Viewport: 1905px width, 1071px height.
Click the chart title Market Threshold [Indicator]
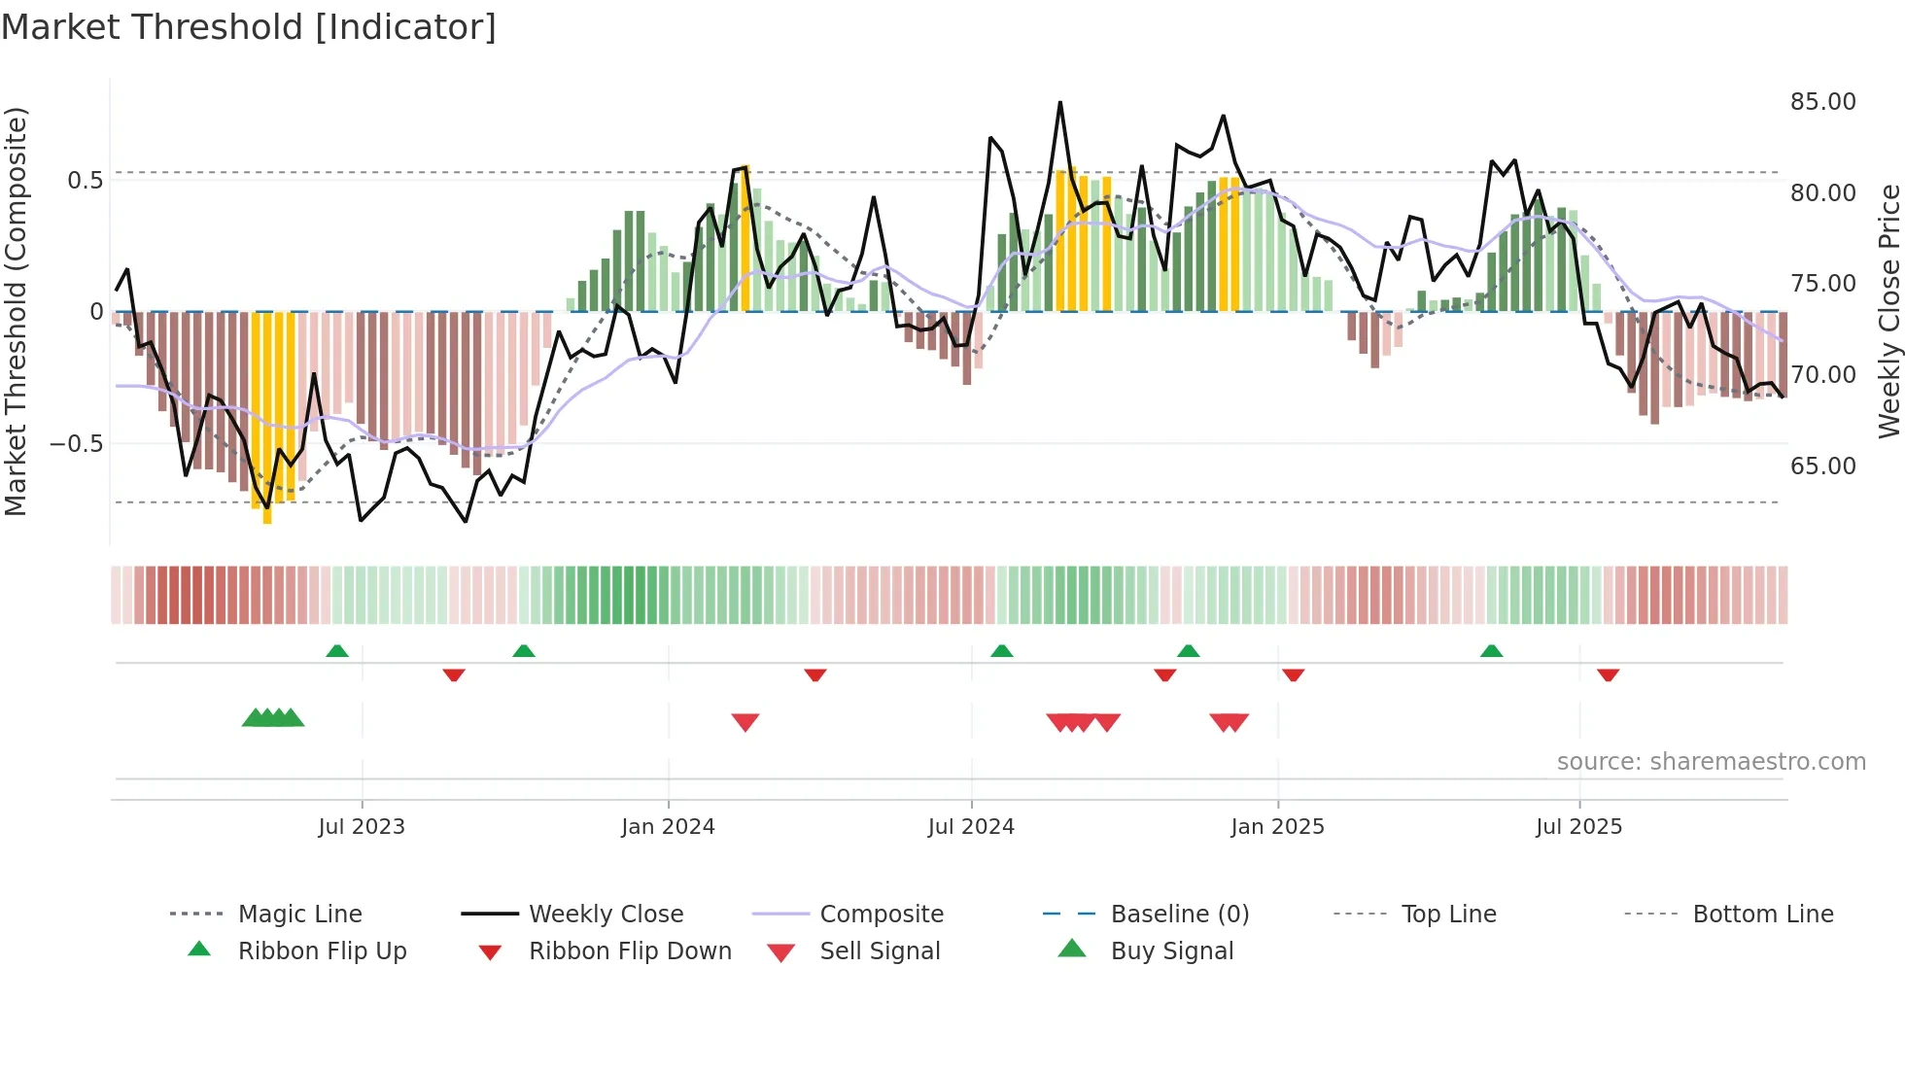pyautogui.click(x=249, y=27)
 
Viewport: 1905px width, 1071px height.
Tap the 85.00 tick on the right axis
pyautogui.click(x=1822, y=102)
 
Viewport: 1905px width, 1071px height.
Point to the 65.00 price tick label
pyautogui.click(x=1822, y=466)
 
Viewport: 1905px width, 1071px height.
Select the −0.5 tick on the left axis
pyautogui.click(x=77, y=443)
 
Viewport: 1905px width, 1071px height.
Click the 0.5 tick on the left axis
pyautogui.click(x=85, y=180)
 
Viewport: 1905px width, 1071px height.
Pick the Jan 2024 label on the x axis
pyautogui.click(x=668, y=826)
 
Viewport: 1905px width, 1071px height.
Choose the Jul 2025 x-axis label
pyautogui.click(x=1578, y=826)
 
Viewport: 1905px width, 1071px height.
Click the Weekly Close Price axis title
pyautogui.click(x=1888, y=311)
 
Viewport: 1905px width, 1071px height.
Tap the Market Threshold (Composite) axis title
pyautogui.click(x=16, y=311)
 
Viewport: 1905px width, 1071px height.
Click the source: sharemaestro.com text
pyautogui.click(x=1711, y=761)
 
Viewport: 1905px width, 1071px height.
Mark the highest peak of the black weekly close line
pyautogui.click(x=1059, y=103)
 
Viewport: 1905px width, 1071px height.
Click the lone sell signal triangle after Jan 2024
pyautogui.click(x=745, y=722)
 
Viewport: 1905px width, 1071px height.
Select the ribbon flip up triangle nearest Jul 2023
pyautogui.click(x=337, y=650)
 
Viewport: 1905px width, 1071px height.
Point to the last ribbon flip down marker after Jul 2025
pyautogui.click(x=1608, y=674)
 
